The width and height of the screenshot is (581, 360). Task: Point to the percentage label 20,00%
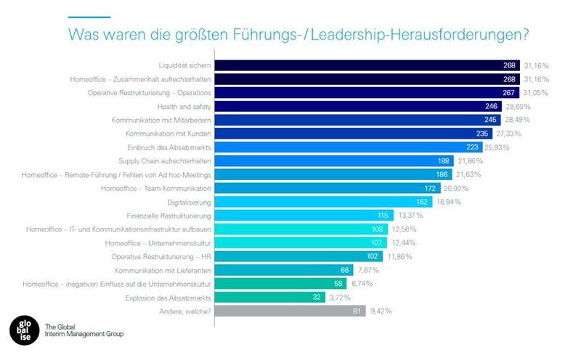458,188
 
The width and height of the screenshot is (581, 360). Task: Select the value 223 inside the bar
495,147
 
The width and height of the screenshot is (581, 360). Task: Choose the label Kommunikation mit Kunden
165,134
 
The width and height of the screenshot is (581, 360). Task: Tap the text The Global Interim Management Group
84,330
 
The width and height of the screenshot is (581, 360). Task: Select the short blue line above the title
89,17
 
